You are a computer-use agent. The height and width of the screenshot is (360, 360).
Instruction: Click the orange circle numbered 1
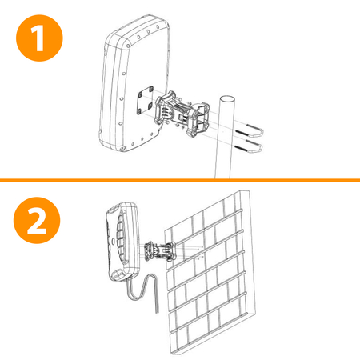39,38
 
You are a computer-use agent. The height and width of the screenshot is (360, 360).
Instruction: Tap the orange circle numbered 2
37,220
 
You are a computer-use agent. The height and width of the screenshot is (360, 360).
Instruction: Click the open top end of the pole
227,99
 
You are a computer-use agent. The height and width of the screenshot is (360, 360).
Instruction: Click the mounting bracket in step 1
182,114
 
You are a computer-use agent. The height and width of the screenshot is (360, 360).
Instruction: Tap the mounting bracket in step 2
159,252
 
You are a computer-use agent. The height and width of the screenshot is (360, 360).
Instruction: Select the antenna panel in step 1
134,83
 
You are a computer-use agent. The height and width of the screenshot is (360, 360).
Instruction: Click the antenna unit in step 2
122,242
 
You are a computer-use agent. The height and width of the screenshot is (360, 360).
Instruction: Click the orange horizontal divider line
180,181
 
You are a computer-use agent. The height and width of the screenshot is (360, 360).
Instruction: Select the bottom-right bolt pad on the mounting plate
150,106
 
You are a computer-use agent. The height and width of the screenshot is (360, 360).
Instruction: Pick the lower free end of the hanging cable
158,312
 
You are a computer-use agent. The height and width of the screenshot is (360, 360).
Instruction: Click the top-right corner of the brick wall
249,190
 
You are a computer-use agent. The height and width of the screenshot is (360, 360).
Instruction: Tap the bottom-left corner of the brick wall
172,354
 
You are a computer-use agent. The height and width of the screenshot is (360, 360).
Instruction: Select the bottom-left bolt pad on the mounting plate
139,111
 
